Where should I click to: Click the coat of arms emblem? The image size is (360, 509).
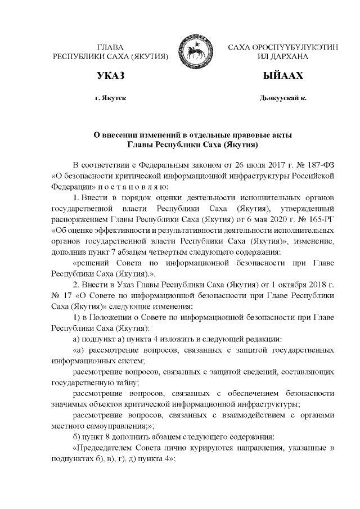190,52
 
